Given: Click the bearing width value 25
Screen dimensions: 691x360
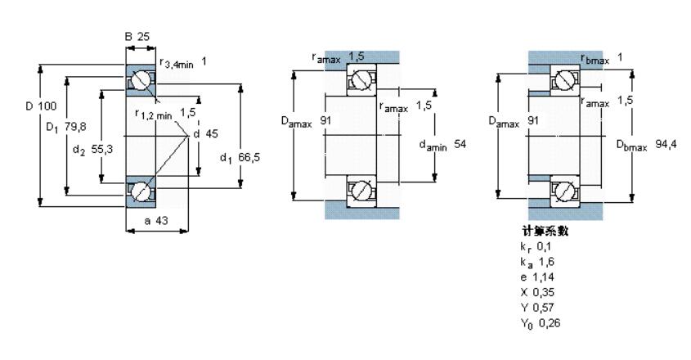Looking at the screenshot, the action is [x=143, y=37].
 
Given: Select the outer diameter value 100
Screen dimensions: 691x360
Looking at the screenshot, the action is [x=47, y=106].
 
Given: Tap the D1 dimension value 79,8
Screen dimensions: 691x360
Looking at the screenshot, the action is [x=75, y=127].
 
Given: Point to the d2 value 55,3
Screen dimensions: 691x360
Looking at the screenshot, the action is [x=101, y=149].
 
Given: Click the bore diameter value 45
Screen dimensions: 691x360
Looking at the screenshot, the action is [x=212, y=133].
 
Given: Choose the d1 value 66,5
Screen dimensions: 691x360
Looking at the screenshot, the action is [x=249, y=157].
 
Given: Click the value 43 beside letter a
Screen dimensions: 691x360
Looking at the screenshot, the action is [x=162, y=221].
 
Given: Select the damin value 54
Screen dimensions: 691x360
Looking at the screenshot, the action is [x=460, y=144].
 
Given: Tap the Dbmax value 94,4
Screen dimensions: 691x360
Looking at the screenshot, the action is [x=666, y=144].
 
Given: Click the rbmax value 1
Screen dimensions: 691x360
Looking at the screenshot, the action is [x=620, y=57].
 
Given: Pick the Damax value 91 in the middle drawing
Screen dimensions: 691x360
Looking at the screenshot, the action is [x=325, y=120].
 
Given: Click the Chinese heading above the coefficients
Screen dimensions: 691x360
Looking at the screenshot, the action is [x=545, y=231].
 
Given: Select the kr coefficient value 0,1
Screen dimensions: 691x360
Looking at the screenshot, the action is [x=544, y=246].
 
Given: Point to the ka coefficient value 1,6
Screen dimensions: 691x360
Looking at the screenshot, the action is [x=546, y=262].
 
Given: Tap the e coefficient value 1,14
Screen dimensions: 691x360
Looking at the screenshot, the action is [x=543, y=277].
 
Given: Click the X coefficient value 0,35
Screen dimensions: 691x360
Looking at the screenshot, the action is [x=543, y=292].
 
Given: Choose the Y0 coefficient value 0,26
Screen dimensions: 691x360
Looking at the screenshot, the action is [x=550, y=323].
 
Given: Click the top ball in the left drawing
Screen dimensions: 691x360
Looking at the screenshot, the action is [x=141, y=80].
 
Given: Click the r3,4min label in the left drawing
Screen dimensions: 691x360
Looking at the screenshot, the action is [x=177, y=64].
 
